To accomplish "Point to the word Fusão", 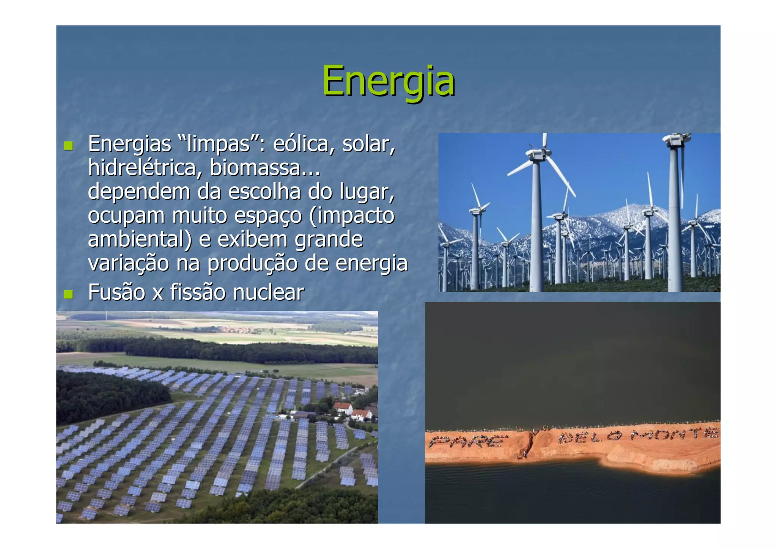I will [x=116, y=293].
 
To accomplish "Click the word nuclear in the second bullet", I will [x=268, y=293].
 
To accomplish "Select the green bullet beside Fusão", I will [x=68, y=294].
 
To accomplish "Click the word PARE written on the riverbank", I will [x=468, y=441].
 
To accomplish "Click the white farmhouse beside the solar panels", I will [x=344, y=409].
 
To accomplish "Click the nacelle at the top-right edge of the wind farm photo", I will [x=676, y=140].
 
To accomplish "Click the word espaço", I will [x=268, y=216].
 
